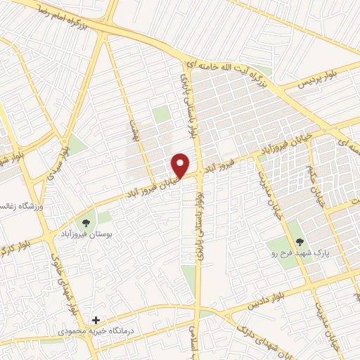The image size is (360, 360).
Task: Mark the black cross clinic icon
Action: (96, 319)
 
